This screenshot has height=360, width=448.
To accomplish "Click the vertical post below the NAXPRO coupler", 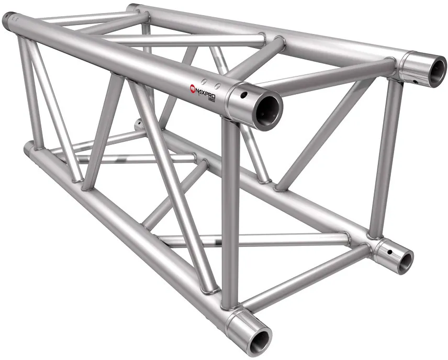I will coord(229,209).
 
